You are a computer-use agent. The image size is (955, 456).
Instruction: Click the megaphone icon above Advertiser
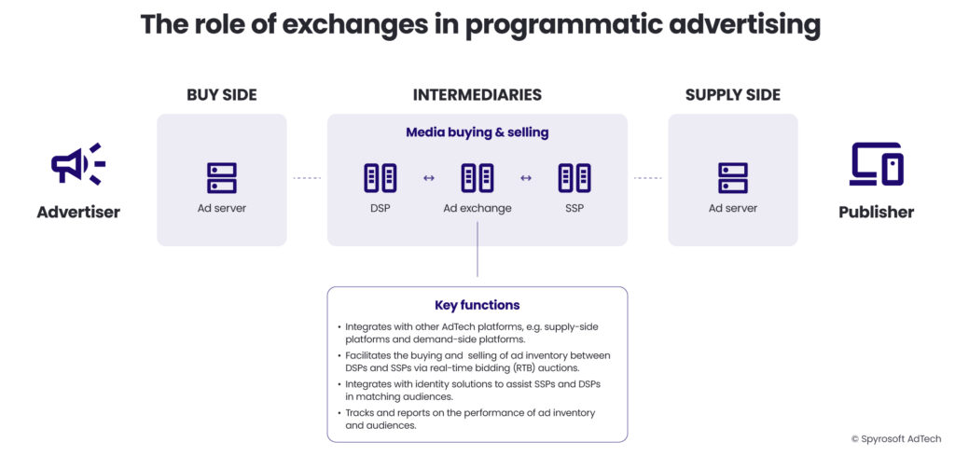(77, 164)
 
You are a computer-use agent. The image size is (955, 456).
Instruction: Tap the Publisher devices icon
(876, 164)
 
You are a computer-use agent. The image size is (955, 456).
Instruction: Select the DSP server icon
(380, 177)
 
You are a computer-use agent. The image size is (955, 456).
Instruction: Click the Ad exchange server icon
(477, 177)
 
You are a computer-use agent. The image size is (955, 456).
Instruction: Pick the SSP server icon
(574, 177)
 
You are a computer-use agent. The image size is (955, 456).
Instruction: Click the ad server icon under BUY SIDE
(221, 177)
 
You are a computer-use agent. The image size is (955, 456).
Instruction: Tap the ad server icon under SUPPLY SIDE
(732, 177)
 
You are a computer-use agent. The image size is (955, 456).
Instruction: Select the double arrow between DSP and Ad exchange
(428, 178)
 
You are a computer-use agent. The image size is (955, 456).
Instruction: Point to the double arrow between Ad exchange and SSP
(525, 178)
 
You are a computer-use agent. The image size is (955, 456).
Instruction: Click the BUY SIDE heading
(221, 95)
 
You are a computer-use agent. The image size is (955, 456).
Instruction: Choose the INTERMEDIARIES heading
(477, 95)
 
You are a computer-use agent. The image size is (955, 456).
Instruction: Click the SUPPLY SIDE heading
(732, 95)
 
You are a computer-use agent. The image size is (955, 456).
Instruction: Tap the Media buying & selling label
(477, 132)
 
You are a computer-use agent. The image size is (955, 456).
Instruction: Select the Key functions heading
(477, 305)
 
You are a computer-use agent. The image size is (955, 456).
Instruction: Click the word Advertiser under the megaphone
(78, 212)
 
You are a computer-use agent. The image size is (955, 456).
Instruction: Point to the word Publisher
(876, 212)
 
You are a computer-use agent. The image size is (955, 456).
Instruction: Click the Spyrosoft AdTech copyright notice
(895, 438)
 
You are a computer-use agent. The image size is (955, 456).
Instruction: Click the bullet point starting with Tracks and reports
(470, 419)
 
